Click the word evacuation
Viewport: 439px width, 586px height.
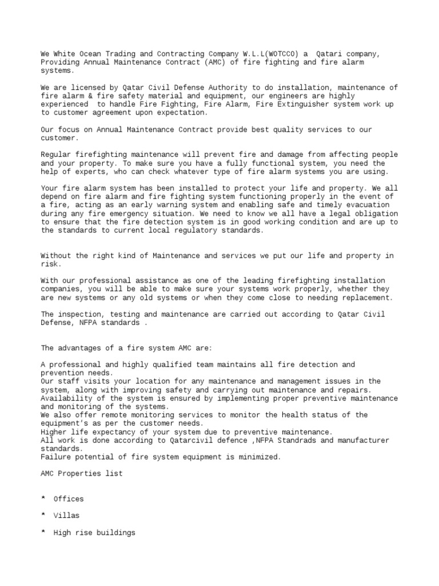point(375,205)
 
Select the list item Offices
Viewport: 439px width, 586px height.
point(68,499)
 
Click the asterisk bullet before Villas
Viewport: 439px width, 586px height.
point(43,516)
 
